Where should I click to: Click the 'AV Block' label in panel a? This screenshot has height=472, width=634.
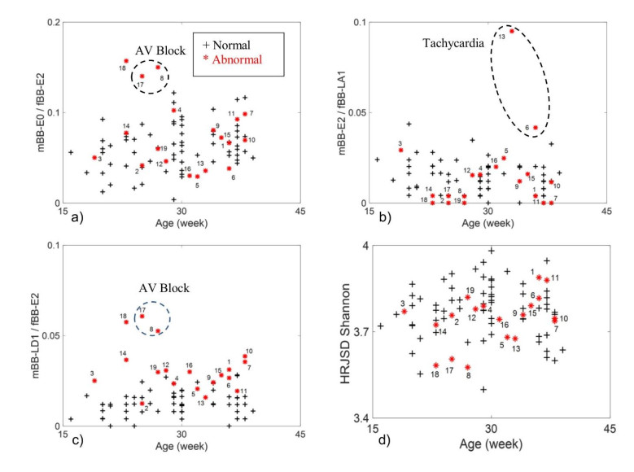(x=155, y=50)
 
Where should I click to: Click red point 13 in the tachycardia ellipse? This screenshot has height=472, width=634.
(x=512, y=30)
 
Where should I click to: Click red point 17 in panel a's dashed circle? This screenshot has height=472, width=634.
(x=142, y=76)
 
